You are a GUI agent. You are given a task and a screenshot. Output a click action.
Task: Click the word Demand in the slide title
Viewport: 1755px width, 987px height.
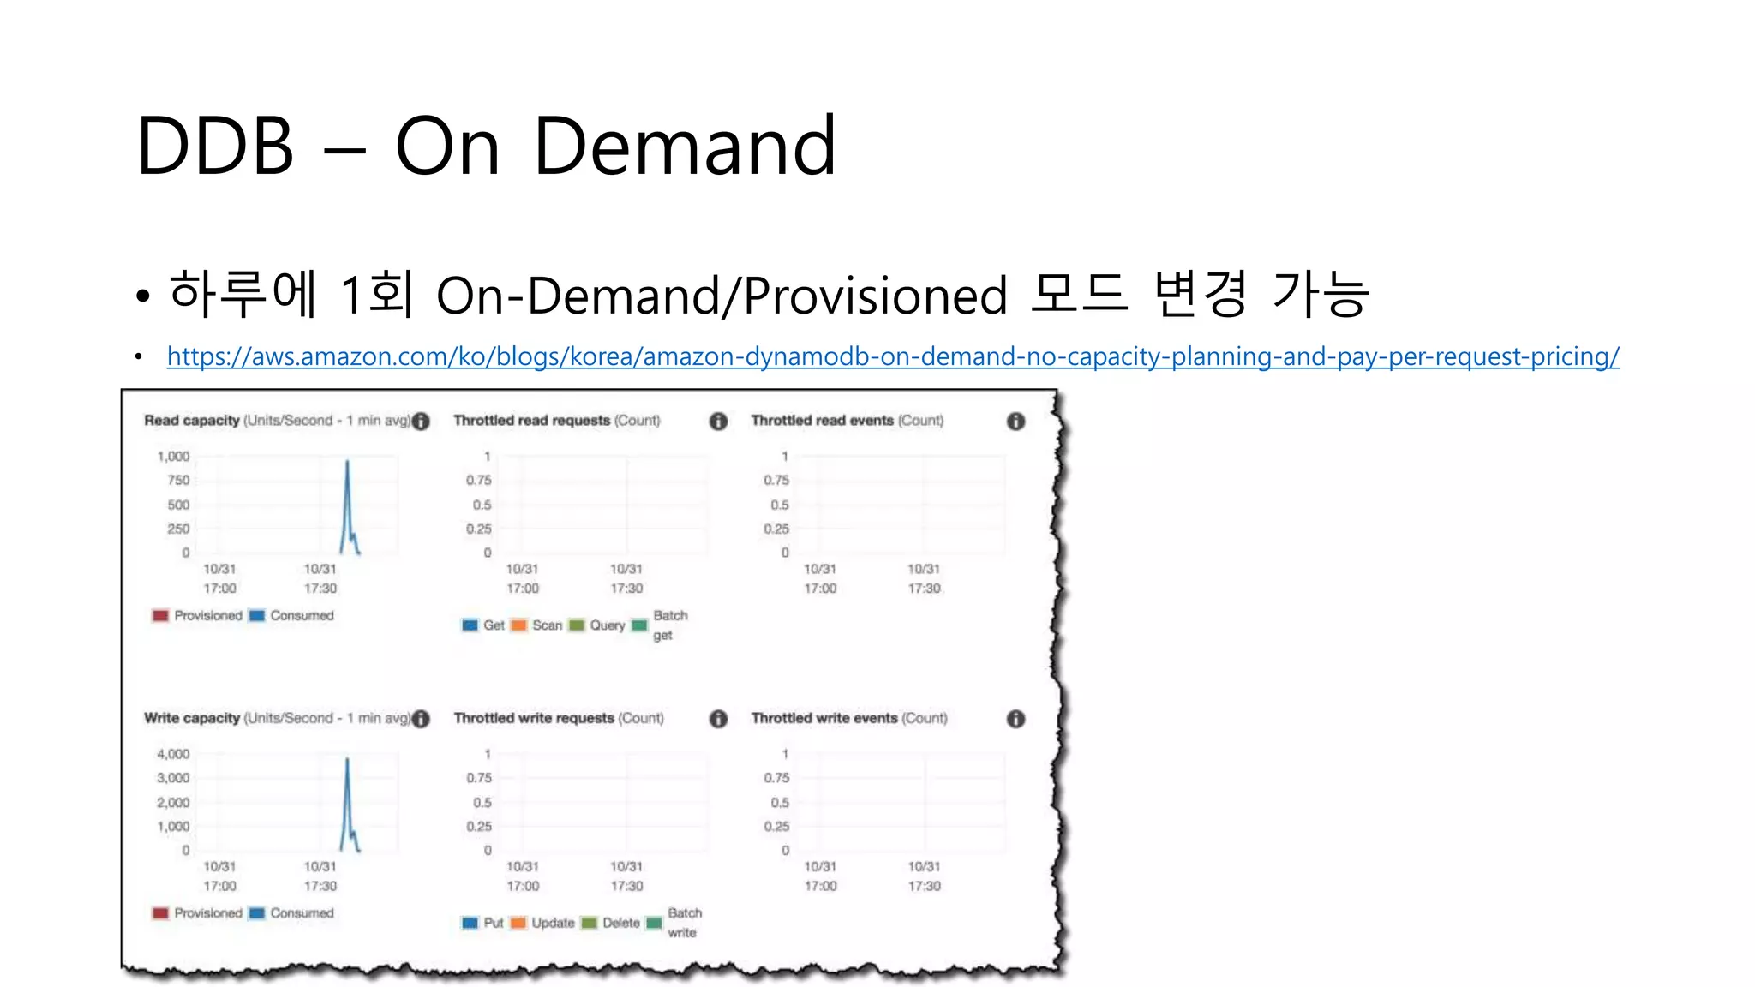tap(684, 147)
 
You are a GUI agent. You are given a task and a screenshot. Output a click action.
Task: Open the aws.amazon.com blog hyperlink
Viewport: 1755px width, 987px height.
tap(892, 356)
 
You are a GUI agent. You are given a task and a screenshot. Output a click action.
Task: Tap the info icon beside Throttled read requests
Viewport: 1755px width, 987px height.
tap(718, 422)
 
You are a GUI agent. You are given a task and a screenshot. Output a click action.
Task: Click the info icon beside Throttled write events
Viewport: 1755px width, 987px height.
tap(1015, 719)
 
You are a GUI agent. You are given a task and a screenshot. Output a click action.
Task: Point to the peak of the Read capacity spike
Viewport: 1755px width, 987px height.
tap(347, 462)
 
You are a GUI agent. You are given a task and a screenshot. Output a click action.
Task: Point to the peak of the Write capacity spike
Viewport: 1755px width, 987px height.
tap(347, 758)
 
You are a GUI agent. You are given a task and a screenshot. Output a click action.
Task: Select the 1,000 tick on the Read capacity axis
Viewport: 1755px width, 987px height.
tap(173, 457)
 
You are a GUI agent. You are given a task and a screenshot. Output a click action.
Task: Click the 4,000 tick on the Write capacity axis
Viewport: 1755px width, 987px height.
tap(173, 754)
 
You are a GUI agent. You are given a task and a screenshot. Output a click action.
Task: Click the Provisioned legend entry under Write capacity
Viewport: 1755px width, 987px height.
tap(198, 913)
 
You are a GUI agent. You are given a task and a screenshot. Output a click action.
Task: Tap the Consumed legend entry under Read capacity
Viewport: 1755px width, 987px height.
tap(292, 616)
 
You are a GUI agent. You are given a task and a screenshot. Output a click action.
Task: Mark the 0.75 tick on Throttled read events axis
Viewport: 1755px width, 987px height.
tap(776, 481)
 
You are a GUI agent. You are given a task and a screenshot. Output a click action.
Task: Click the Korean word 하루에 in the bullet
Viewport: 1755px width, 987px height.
tap(243, 294)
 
